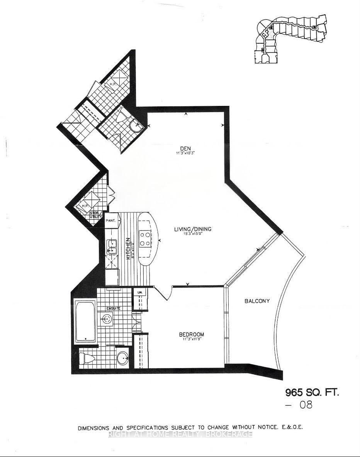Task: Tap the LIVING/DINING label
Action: pyautogui.click(x=192, y=229)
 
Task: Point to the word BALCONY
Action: pyautogui.click(x=257, y=301)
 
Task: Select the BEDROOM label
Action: pyautogui.click(x=191, y=334)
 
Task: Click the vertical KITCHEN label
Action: pyautogui.click(x=129, y=248)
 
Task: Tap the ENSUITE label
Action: pyautogui.click(x=114, y=309)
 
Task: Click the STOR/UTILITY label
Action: pyautogui.click(x=96, y=215)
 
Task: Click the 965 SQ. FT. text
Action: pyautogui.click(x=312, y=392)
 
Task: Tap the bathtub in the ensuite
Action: pyautogui.click(x=85, y=320)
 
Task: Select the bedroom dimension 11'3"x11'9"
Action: pyautogui.click(x=191, y=339)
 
